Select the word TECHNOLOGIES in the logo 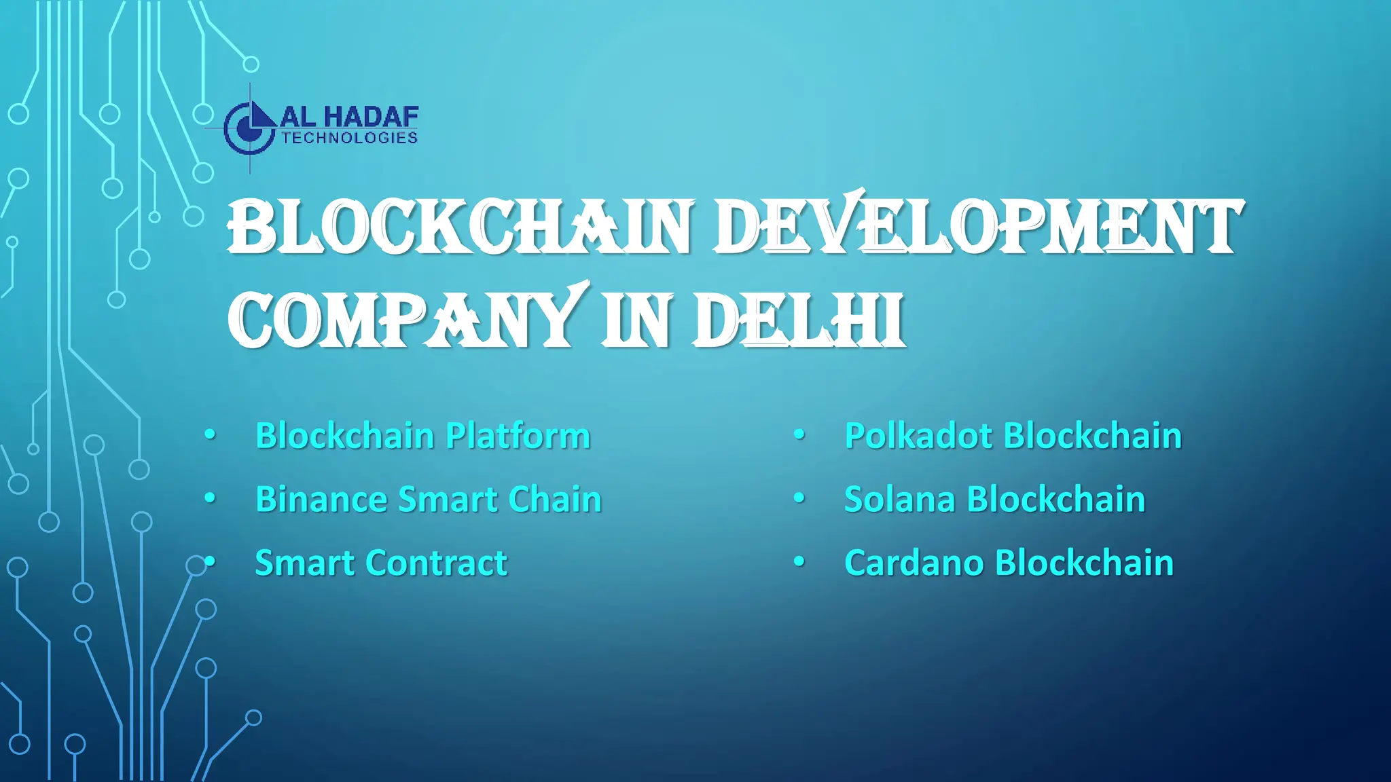(349, 138)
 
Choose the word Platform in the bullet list (518, 436)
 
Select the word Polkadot (918, 436)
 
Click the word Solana (899, 500)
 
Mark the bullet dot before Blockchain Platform (210, 434)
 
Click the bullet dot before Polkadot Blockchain (799, 434)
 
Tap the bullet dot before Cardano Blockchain (799, 561)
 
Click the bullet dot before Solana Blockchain (799, 498)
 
